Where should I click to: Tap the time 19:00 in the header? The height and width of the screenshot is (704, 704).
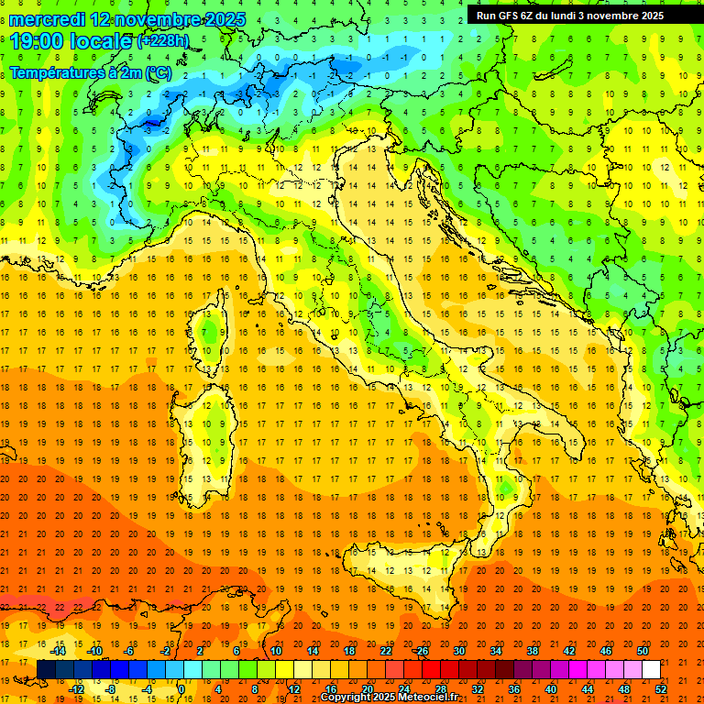point(41,41)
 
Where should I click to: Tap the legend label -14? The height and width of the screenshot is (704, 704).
point(59,651)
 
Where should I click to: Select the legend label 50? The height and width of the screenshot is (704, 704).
point(642,651)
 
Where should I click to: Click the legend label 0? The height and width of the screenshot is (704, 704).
point(181,689)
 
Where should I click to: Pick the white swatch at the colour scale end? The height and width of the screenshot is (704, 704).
point(651,670)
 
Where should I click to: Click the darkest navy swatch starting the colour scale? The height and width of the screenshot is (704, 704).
point(46,670)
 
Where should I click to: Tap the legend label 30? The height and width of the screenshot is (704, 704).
point(458,651)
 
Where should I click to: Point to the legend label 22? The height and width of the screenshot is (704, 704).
point(385,651)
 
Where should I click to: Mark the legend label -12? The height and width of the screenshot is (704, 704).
point(77,689)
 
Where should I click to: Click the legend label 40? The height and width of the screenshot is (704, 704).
point(550,689)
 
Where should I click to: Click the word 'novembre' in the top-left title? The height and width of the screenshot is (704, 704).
point(152,19)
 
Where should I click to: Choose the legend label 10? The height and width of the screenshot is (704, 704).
point(275,651)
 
